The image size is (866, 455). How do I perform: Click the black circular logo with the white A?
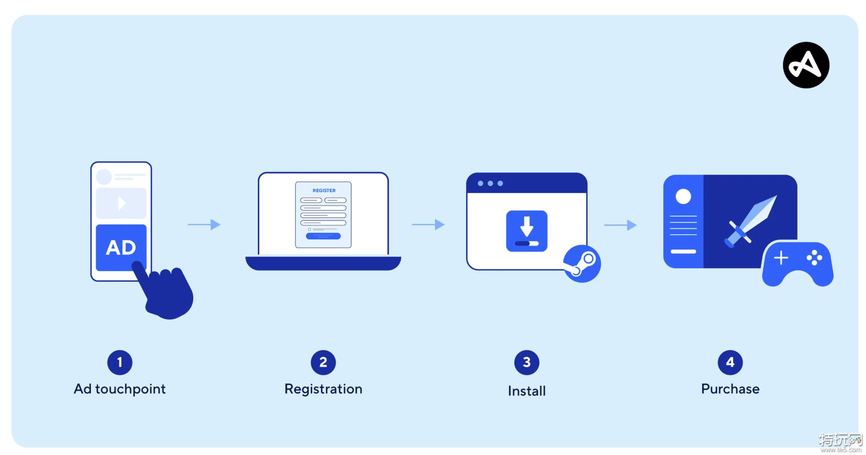point(806,65)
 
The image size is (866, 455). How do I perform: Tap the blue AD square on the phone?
point(121,247)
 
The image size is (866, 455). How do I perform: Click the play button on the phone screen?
point(121,203)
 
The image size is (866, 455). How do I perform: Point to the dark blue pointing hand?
point(165,292)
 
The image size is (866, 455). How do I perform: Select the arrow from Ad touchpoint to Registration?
point(204,225)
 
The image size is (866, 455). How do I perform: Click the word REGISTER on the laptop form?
point(324,191)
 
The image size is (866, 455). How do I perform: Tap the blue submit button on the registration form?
point(323,236)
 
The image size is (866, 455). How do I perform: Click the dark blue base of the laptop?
point(323,263)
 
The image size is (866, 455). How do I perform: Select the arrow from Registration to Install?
point(428,225)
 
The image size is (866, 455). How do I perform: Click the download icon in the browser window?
point(527,231)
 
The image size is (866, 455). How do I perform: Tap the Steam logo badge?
point(582,264)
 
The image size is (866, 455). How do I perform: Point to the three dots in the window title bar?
point(490,184)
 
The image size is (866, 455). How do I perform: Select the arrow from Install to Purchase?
point(620,225)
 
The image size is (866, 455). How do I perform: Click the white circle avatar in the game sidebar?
point(683,197)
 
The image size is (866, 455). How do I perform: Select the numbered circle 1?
point(120,363)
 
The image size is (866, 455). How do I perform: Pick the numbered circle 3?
point(527,363)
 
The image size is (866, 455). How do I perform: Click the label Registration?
point(323,390)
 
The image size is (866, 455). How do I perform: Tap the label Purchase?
point(730,389)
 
